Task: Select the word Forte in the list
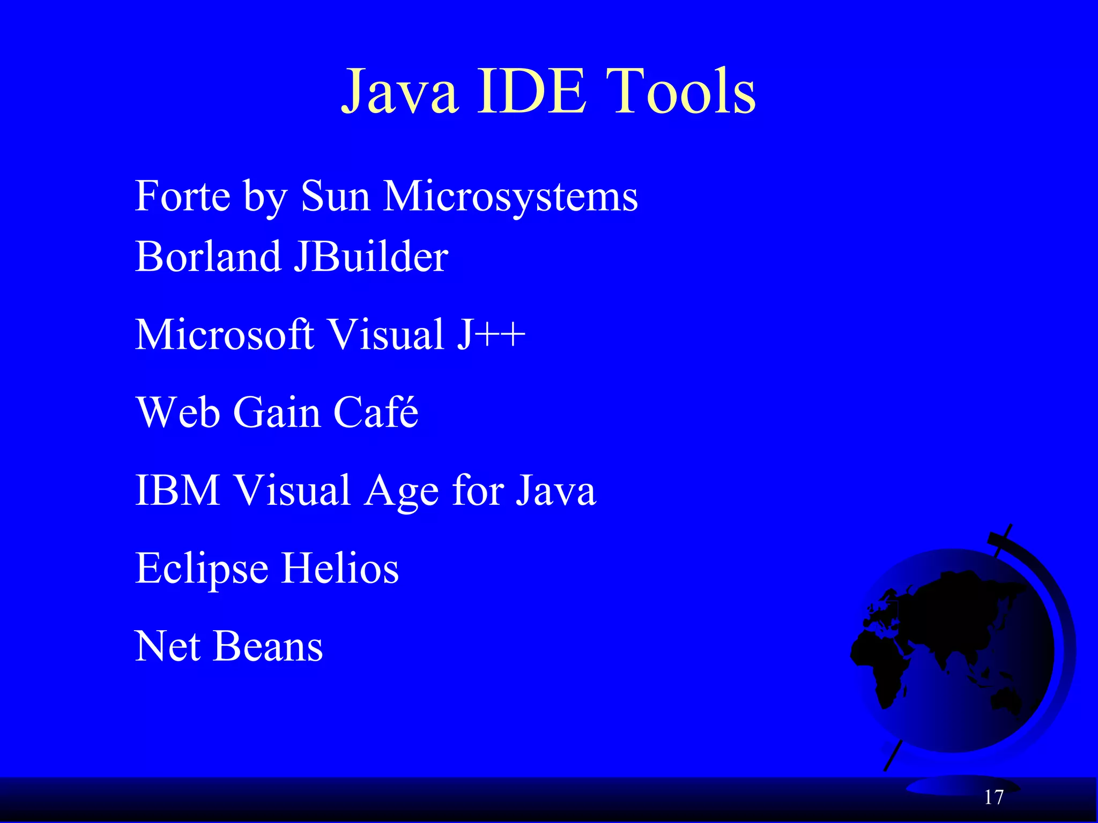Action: [183, 196]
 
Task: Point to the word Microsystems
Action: [510, 197]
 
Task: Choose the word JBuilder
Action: [371, 257]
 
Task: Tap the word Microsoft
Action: [224, 334]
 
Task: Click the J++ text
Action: [491, 334]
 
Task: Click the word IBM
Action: [177, 490]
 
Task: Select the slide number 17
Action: [993, 797]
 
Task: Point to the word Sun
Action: [336, 196]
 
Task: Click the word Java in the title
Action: [400, 92]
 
